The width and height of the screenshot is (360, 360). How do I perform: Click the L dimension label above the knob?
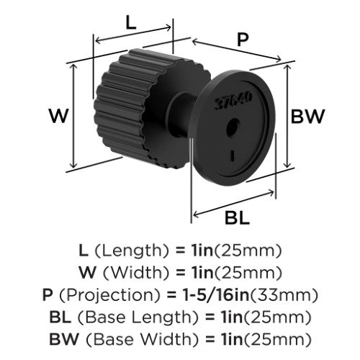[x=131, y=23]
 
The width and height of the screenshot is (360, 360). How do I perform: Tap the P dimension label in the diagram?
[x=243, y=40]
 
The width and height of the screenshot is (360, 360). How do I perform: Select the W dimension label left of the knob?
[x=59, y=116]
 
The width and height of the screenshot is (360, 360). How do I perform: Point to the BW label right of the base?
[x=307, y=117]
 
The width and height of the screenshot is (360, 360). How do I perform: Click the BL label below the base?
[x=237, y=218]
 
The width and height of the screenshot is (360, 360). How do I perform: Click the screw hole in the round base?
[x=233, y=127]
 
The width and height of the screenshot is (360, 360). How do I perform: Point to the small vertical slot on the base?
[x=233, y=155]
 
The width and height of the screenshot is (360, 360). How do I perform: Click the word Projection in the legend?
[x=109, y=295]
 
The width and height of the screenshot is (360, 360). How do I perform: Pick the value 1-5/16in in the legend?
[x=215, y=294]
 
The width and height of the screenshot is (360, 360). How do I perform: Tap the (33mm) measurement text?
[x=284, y=295]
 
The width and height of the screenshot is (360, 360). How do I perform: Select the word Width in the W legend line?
[x=136, y=272]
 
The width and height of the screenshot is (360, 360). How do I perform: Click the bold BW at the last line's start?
[x=64, y=339]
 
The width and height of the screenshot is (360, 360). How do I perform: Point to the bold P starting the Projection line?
[x=48, y=294]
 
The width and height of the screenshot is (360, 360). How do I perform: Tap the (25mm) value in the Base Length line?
[x=277, y=318]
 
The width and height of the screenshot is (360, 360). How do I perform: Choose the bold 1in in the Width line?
[x=202, y=273]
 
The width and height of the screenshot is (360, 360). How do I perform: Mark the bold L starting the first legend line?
[x=84, y=251]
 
